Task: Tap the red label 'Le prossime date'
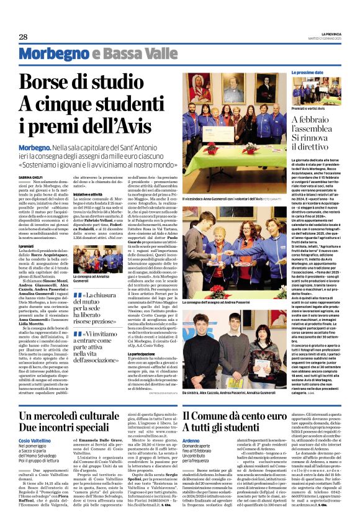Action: [x=308, y=73]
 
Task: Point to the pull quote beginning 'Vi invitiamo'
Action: [x=110, y=346]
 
